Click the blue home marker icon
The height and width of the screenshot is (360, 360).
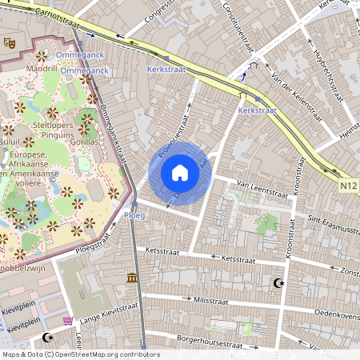[x=180, y=173]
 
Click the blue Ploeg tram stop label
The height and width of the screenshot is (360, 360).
[x=134, y=215]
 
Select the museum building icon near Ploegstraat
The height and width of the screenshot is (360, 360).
[x=131, y=278]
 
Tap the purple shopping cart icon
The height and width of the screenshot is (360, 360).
[x=68, y=321]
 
